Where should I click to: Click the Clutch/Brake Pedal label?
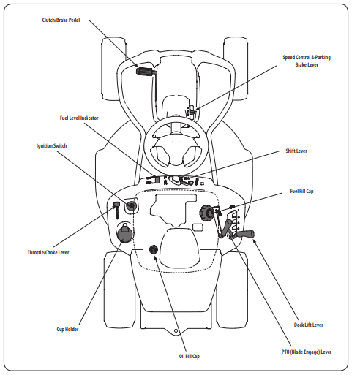coord(61,20)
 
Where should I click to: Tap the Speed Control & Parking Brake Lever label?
coord(307,61)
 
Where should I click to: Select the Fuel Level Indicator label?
coord(79,118)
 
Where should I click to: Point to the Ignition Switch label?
coord(51,145)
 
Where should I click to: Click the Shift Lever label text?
coord(296,151)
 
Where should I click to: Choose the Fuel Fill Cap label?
coord(301,191)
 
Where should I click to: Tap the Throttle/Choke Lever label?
coord(48,252)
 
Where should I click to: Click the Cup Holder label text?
coord(67,329)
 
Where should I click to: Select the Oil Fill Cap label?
coord(190,356)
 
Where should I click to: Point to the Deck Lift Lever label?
coord(309,325)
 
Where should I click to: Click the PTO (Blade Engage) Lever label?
coord(307,352)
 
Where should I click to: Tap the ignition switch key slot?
coord(131,206)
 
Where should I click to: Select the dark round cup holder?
coord(125,233)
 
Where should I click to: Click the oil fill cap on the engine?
coord(154,249)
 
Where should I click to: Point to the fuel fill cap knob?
coord(207,213)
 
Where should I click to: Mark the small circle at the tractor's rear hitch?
coord(176,331)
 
